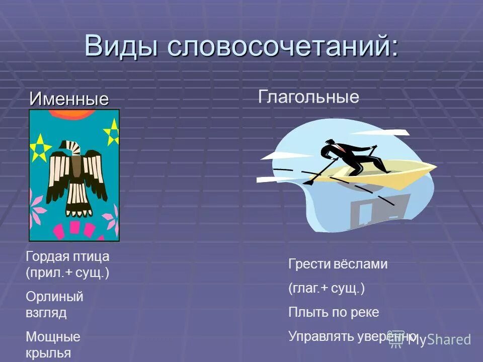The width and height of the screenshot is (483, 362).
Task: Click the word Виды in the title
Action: pyautogui.click(x=120, y=46)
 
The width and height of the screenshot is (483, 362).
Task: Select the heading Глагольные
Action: pyautogui.click(x=308, y=97)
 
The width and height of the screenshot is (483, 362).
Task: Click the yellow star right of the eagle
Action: pyautogui.click(x=112, y=132)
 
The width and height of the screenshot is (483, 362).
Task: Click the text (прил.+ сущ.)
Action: pyautogui.click(x=67, y=274)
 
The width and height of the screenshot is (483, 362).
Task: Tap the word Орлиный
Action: pyautogui.click(x=54, y=297)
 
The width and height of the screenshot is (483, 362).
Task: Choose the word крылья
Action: pyautogui.click(x=48, y=353)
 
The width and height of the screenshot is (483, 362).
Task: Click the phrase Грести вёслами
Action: pyautogui.click(x=338, y=264)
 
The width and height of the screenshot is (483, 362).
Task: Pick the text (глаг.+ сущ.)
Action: pyautogui.click(x=326, y=289)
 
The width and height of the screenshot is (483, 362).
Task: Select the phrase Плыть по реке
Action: pyautogui.click(x=333, y=312)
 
